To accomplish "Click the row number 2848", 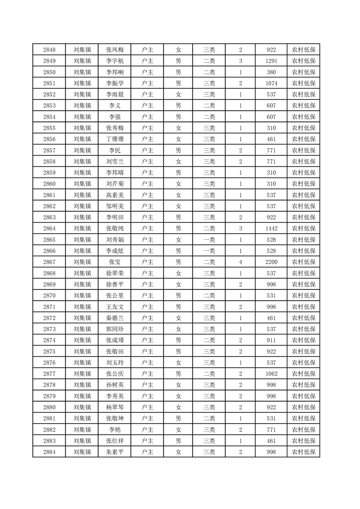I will (49, 50).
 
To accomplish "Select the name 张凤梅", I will (114, 50).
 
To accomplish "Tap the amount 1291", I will (271, 61).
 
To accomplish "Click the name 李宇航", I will (114, 61).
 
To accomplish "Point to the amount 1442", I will (271, 229).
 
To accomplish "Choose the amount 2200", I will (271, 262).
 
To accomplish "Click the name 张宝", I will (114, 262).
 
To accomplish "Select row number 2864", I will (49, 229).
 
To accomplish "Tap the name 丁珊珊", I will (114, 139).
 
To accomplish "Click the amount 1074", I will (271, 83).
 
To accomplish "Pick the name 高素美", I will (114, 195).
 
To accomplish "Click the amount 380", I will (271, 72).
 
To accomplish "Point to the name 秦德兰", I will (114, 318).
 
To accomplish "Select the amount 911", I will (271, 340).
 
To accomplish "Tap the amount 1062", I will (271, 374).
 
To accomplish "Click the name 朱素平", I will (114, 452).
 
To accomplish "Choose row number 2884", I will (49, 452).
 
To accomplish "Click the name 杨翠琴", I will (114, 407).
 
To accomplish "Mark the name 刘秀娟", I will (114, 240).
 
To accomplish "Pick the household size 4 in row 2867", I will (240, 262).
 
